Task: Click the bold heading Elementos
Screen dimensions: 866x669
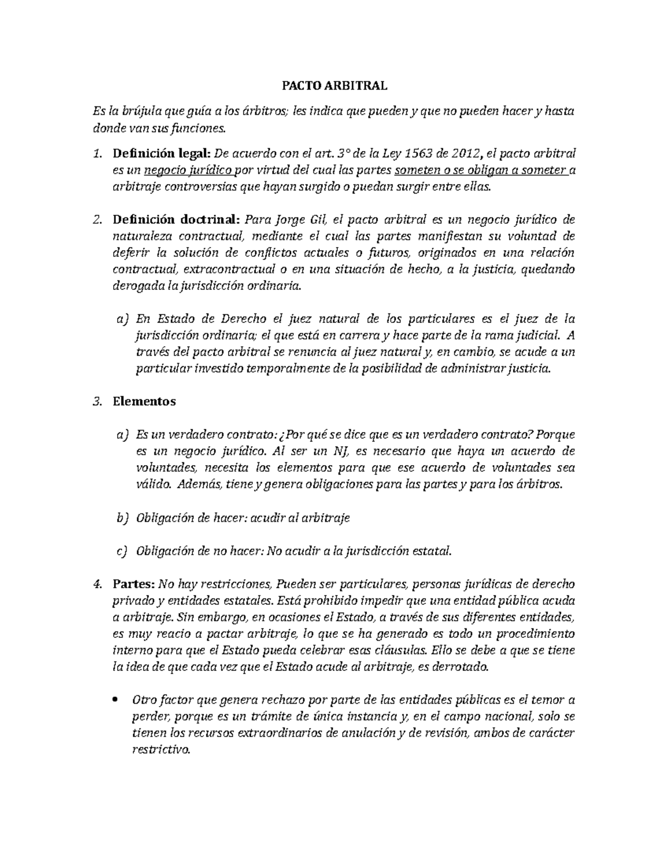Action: [x=144, y=401]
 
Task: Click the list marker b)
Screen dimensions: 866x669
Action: [x=122, y=518]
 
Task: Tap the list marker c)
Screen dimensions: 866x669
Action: [x=122, y=551]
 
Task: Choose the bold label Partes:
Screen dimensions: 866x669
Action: [x=134, y=584]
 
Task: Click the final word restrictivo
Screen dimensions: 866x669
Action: [x=161, y=751]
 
